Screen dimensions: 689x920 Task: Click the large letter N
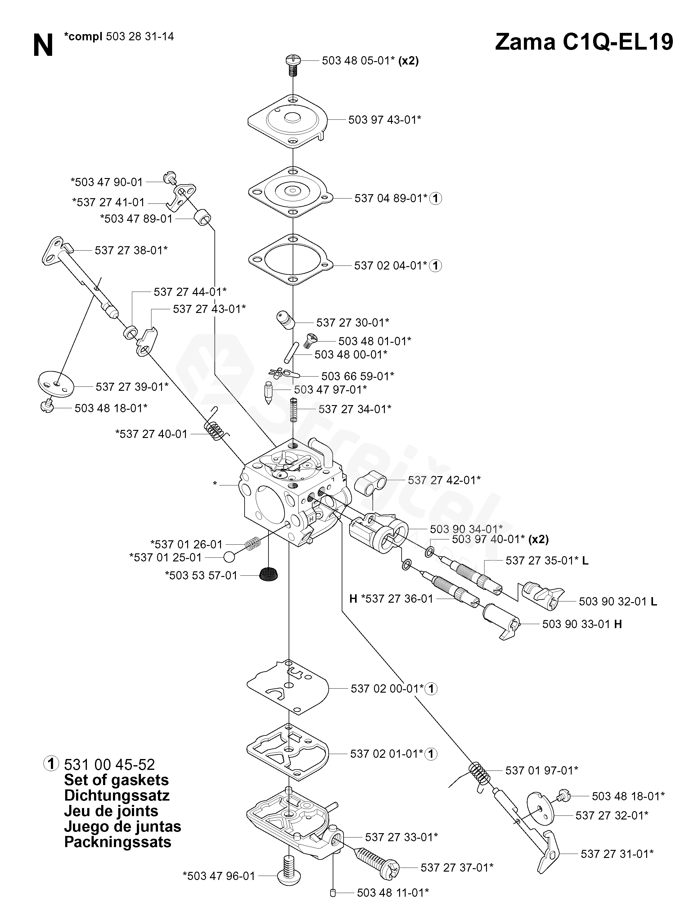(x=43, y=46)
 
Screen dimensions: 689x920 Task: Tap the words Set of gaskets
(x=116, y=780)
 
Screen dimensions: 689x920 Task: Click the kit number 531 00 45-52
(x=110, y=765)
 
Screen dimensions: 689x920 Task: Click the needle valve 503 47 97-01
(x=269, y=393)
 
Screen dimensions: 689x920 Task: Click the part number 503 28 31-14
(x=140, y=37)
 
